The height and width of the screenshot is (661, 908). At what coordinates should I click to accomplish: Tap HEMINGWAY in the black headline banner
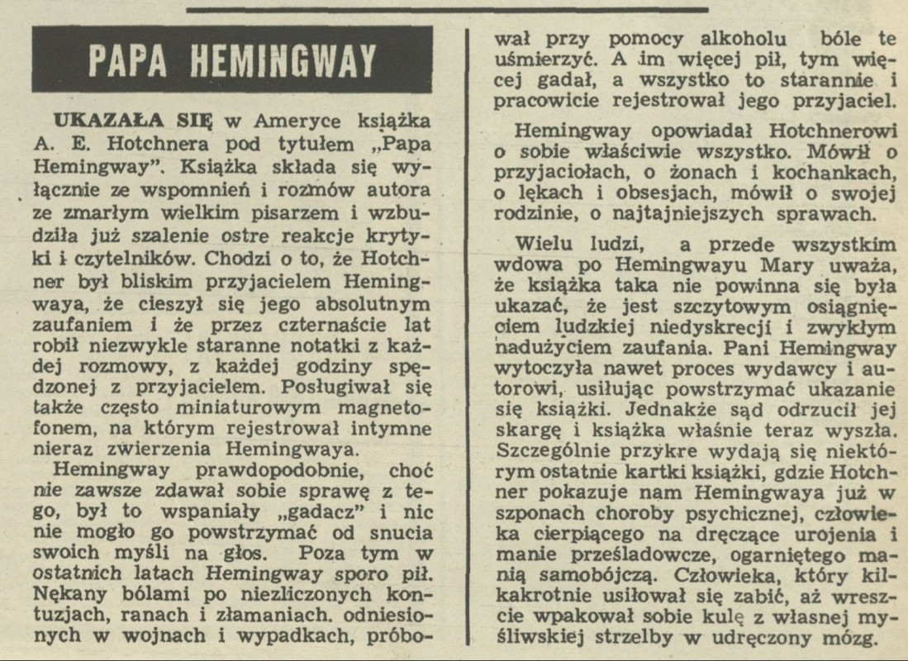tap(283, 59)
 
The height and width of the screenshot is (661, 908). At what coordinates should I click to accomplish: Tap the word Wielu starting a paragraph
tap(545, 245)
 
